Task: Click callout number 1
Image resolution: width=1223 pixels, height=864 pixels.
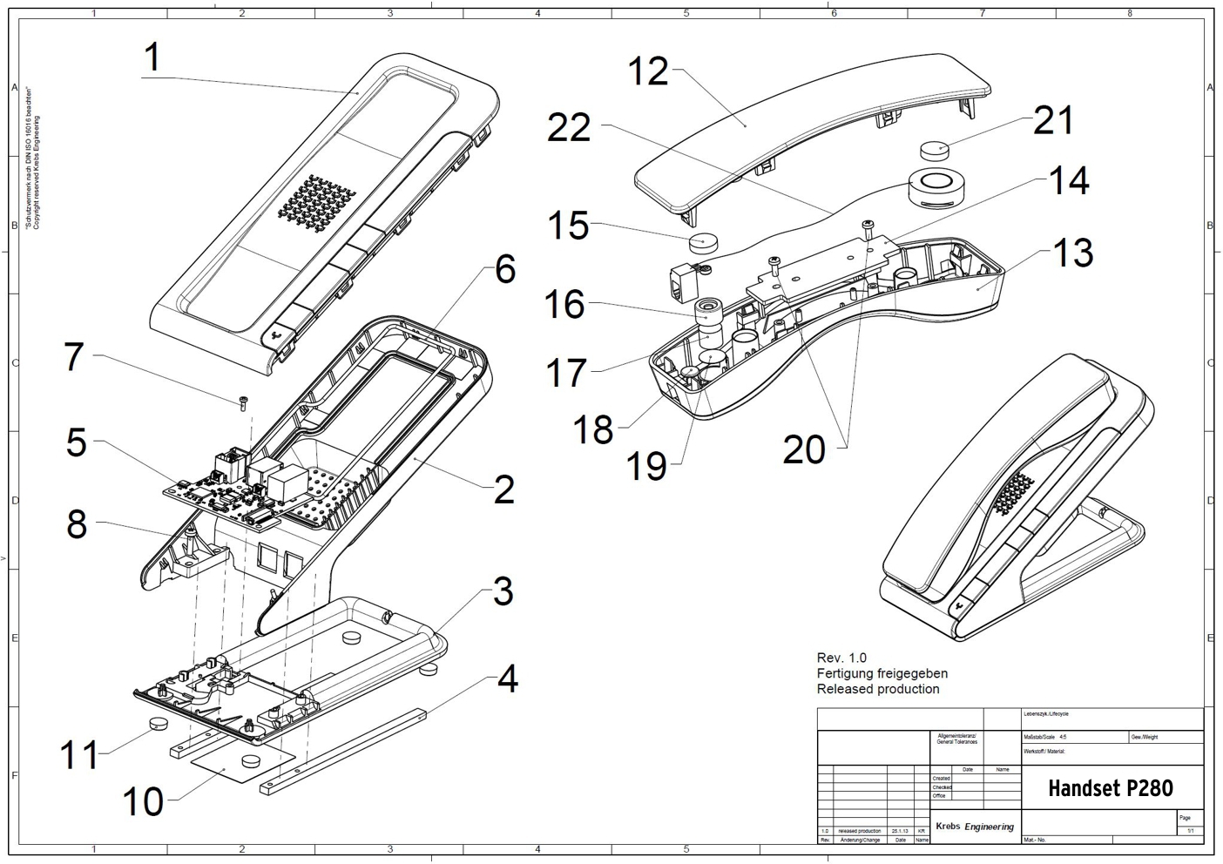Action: click(152, 57)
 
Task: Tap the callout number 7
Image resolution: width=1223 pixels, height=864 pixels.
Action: click(74, 357)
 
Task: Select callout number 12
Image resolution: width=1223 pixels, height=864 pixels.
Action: click(648, 71)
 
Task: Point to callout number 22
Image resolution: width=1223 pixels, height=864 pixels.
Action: click(569, 128)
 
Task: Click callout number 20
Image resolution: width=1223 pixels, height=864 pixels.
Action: click(803, 450)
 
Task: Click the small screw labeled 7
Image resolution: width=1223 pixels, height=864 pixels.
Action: click(243, 402)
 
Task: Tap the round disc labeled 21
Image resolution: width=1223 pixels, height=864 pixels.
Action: click(936, 148)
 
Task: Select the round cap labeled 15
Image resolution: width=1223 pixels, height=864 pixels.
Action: click(701, 241)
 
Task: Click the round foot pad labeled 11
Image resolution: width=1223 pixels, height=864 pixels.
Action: click(158, 723)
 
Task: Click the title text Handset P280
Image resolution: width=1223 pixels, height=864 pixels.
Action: click(1110, 788)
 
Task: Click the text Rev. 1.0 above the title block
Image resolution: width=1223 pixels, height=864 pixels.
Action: click(841, 658)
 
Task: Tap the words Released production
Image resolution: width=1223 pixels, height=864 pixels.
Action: click(878, 689)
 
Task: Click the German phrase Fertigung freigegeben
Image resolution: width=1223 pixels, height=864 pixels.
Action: click(882, 673)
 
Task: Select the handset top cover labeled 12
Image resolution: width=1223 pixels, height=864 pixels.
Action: click(810, 131)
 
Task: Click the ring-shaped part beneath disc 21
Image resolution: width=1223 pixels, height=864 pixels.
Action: click(935, 186)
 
